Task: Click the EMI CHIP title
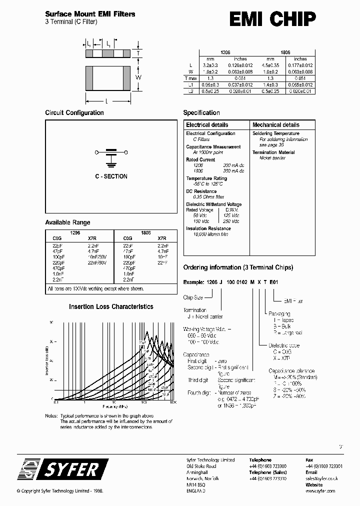[272, 19]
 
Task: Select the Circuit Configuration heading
[74, 113]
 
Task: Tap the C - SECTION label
[111, 176]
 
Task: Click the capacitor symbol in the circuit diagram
[111, 154]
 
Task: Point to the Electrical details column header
[207, 125]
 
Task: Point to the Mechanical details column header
[275, 125]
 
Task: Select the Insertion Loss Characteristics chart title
[111, 306]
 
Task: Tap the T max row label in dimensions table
[191, 78]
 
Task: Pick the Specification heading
[201, 113]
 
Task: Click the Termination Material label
[273, 152]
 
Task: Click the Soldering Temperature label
[276, 133]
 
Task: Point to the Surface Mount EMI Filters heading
[90, 14]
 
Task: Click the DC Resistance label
[201, 191]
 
